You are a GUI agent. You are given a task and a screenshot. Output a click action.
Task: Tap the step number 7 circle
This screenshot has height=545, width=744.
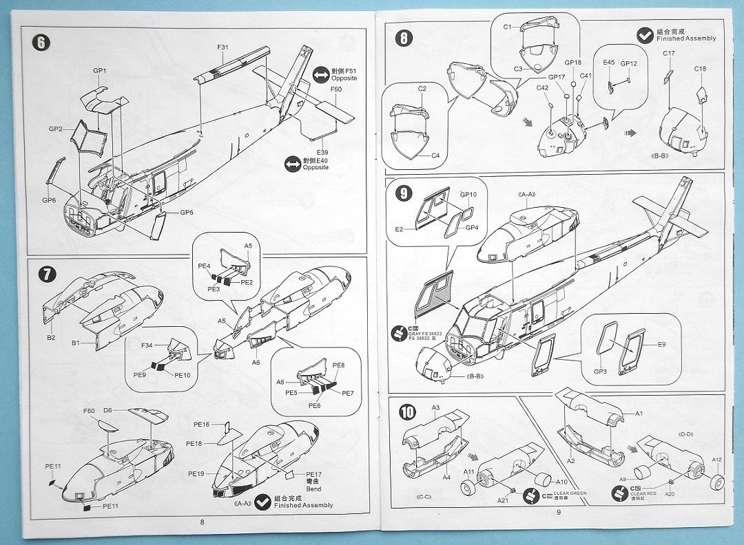coord(45,273)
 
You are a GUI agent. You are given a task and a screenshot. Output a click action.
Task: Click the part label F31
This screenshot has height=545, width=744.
coord(223,47)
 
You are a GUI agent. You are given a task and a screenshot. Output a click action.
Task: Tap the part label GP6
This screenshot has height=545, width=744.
coord(48,200)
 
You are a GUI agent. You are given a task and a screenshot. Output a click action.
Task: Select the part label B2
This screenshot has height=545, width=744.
coord(51,338)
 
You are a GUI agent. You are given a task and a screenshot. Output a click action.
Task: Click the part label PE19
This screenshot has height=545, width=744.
coord(197,474)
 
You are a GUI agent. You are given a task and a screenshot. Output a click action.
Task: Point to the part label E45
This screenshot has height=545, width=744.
coord(608,63)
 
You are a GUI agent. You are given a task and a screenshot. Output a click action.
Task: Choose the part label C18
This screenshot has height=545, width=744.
coord(700,69)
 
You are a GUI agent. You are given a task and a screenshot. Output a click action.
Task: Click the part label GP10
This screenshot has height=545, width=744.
coord(468,195)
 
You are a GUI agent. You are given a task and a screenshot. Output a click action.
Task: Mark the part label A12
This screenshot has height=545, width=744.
coord(716,460)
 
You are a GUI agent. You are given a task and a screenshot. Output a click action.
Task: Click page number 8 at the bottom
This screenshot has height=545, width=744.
coord(202,522)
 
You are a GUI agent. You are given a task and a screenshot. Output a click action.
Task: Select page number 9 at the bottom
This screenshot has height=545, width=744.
coord(559,511)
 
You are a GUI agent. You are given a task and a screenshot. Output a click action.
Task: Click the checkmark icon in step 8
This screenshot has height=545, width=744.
coord(645,34)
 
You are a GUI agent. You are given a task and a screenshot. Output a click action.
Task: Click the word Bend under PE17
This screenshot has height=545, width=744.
coord(313,489)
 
